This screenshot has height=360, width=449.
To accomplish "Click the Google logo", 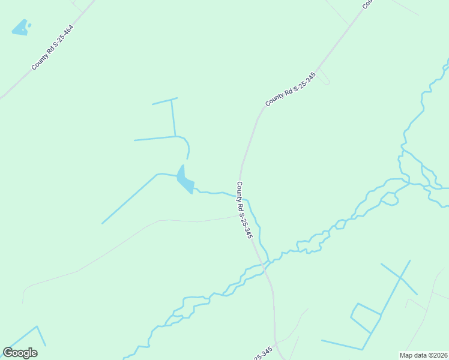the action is tap(20, 353).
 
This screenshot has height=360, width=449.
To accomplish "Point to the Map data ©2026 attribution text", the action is tap(423, 355).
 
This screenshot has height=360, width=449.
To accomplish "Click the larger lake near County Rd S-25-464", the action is tap(20, 28).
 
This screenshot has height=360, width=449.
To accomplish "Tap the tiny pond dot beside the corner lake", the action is tap(29, 25).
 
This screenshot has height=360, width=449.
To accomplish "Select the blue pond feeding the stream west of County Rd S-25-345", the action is tap(185, 179).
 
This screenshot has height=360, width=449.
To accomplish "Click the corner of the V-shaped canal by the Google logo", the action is tap(37, 327).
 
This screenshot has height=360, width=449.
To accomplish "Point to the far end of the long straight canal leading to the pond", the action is tap(102, 223).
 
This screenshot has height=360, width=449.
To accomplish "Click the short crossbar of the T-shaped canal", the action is tap(164, 101).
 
